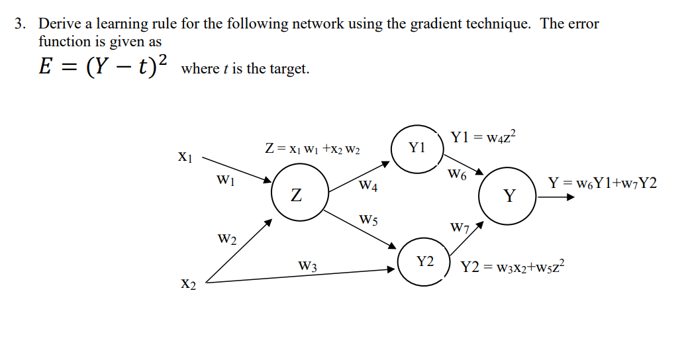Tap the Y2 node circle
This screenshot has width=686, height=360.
point(424,262)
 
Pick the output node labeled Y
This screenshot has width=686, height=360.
point(509,196)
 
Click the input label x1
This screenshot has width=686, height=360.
point(185,157)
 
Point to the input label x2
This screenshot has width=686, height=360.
point(189,284)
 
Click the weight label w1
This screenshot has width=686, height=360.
point(226,179)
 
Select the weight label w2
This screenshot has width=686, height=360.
point(227,238)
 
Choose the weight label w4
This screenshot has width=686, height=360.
point(369,186)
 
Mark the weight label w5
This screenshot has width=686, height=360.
point(369,219)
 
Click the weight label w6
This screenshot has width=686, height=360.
point(458,175)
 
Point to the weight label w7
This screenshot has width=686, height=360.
point(460,228)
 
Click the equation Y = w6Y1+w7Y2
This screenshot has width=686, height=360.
point(603,183)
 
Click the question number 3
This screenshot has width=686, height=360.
point(21,24)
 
